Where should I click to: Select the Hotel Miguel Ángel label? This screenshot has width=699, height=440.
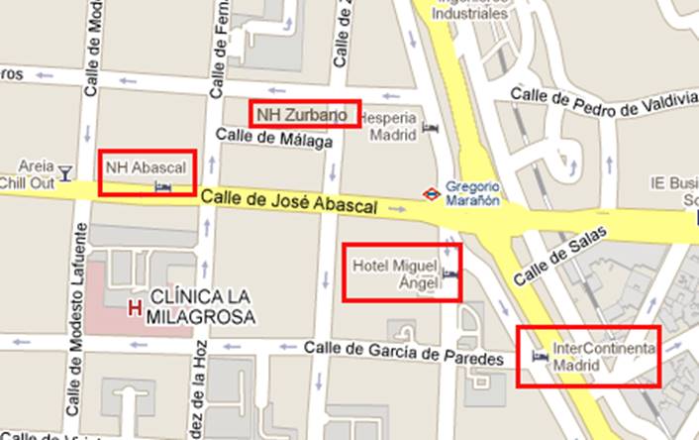point(395,272)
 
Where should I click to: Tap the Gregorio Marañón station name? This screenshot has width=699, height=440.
point(472,192)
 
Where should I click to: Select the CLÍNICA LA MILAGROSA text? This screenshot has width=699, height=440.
point(202,307)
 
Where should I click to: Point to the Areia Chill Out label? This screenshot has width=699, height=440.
point(31,173)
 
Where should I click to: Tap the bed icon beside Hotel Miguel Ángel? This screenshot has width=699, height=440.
point(449,276)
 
